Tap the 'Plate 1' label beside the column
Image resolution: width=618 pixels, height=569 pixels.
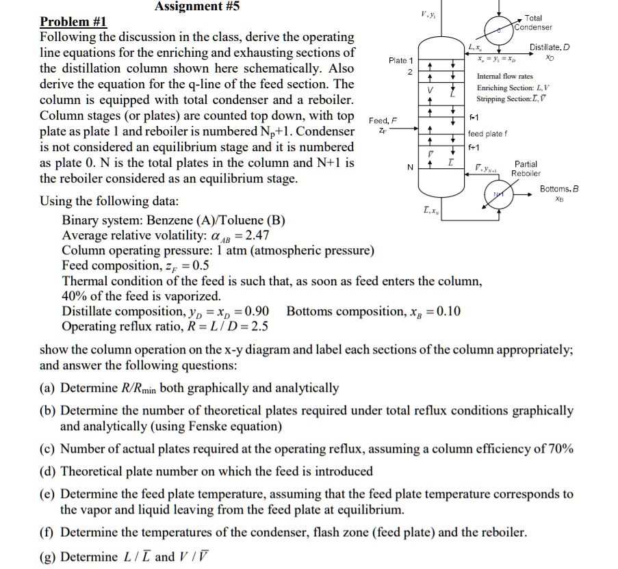401,61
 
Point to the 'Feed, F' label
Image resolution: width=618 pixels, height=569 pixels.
383,120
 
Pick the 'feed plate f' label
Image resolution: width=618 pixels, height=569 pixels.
488,134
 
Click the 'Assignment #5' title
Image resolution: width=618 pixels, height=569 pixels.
197,8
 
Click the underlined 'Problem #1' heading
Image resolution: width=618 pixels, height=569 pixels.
73,22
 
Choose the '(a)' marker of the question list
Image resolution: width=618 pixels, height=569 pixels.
49,388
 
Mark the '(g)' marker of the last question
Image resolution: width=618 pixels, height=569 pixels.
49,556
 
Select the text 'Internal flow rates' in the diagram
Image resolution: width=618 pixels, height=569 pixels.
505,77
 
